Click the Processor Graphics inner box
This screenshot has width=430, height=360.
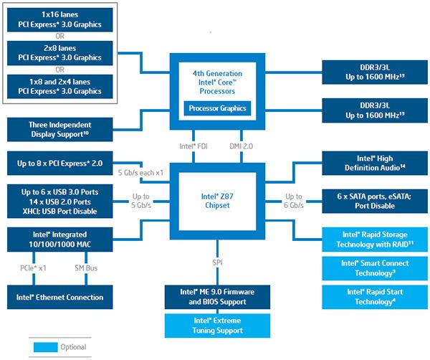216,108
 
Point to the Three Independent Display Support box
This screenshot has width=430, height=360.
59,129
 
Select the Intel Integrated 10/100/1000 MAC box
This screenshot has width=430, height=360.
59,240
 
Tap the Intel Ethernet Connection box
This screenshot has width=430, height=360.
59,297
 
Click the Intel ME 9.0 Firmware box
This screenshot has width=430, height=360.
216,297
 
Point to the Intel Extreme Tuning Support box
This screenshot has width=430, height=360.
216,325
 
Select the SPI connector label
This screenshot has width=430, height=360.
216,264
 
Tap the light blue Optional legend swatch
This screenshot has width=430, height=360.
46,347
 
